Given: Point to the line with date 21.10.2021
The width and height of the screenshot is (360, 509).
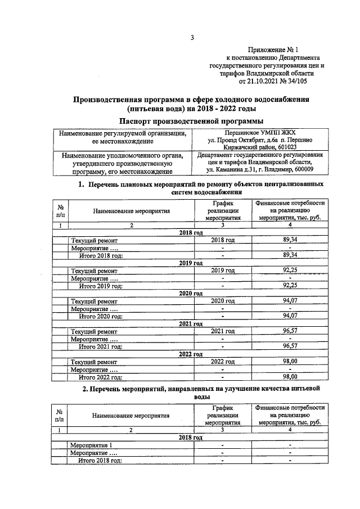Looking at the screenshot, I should [274, 81].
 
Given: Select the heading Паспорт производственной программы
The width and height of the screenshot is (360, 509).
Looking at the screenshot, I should [191, 120].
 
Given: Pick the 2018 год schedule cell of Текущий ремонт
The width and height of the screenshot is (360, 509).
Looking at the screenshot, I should [222, 240].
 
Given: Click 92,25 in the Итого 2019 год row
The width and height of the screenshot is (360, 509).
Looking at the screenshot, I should [289, 285].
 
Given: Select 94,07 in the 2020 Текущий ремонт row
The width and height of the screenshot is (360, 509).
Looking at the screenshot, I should [289, 301].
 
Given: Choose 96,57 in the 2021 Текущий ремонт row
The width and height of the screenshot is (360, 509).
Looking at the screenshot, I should [289, 331].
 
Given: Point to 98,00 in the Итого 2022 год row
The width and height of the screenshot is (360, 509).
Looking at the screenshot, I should [289, 377].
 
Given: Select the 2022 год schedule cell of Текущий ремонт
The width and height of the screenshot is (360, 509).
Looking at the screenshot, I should [222, 362].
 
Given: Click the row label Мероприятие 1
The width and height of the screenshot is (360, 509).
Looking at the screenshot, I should [91, 445].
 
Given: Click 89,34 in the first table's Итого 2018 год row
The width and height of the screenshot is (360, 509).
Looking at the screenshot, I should [289, 255].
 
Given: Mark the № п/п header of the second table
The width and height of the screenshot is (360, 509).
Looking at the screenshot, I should [59, 415].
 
